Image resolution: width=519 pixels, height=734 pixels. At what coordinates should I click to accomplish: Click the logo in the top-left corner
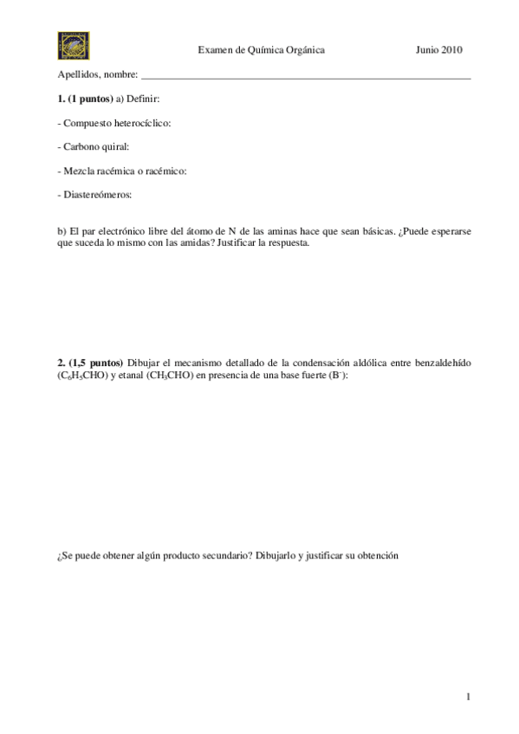73,45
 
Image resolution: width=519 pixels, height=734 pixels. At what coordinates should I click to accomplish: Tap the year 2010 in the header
451,50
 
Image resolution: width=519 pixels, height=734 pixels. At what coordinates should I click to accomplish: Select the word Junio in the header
427,50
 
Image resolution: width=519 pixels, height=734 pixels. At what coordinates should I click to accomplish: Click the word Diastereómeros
97,195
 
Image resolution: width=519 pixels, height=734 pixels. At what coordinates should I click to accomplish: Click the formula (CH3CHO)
151,373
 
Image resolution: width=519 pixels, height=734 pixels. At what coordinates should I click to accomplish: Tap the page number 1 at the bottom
468,696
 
